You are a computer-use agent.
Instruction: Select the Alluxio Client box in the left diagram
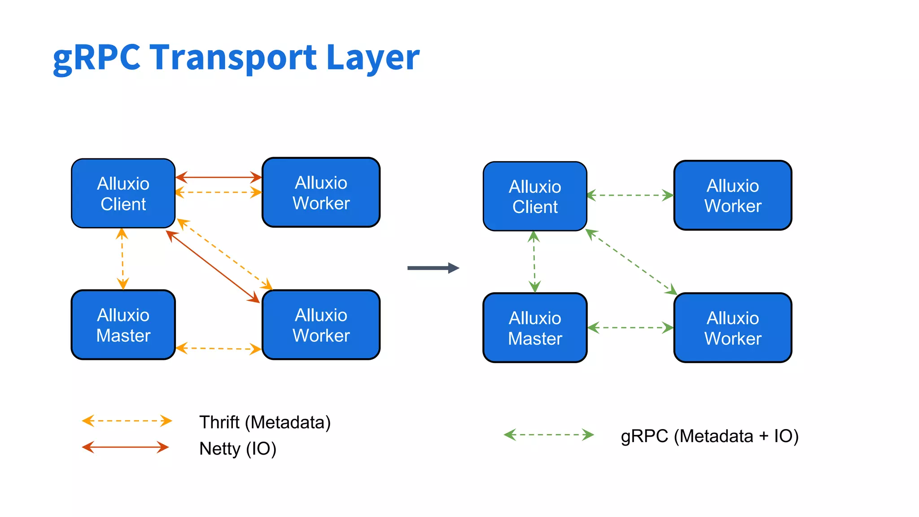point(123,193)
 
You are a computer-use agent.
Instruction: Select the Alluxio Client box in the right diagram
point(534,197)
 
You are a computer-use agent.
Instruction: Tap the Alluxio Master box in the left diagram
point(123,325)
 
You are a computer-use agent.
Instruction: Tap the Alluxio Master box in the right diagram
point(534,328)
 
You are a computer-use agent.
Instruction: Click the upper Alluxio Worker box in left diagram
point(321,193)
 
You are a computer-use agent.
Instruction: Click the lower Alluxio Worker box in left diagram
point(321,325)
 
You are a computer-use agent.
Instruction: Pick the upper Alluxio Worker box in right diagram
point(732,196)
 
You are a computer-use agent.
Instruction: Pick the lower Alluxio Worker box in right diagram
point(732,328)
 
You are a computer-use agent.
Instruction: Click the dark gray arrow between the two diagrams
point(433,268)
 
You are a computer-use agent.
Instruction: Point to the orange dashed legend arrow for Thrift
point(127,421)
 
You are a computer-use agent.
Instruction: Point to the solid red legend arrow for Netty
point(125,447)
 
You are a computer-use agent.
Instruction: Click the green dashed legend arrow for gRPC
point(548,435)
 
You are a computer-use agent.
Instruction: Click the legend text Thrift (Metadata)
point(265,422)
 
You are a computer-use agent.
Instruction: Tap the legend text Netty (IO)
point(237,448)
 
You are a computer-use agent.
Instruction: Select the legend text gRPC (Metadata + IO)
point(709,436)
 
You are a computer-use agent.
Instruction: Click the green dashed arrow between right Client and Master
point(534,262)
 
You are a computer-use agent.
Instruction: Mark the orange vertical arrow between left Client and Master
point(123,259)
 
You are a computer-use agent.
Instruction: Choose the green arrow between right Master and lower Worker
point(630,328)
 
